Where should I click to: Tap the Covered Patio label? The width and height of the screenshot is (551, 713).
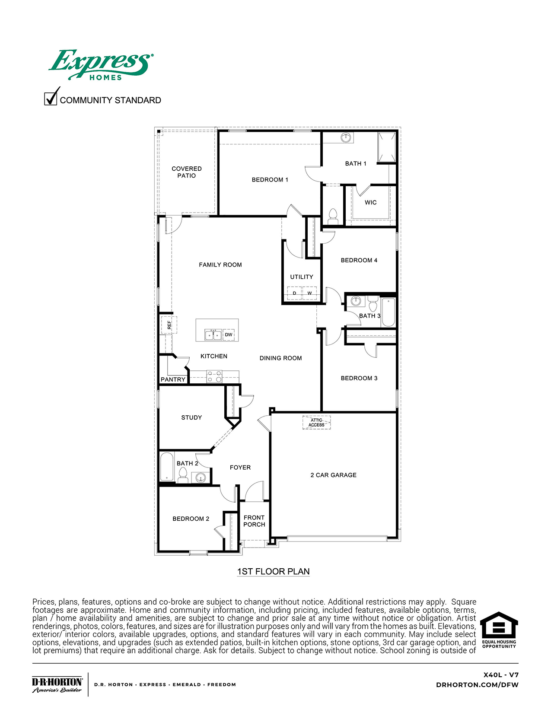coord(187,172)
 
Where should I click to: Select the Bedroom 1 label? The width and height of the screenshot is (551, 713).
coord(270,180)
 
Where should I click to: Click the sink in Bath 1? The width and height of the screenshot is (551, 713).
coord(345,138)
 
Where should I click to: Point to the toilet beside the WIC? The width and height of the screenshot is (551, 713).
coord(333,215)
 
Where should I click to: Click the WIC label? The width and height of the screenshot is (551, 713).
coord(371,202)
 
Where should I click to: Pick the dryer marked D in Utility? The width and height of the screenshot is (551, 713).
coord(295,293)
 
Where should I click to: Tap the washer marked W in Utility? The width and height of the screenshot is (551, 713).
coord(309,293)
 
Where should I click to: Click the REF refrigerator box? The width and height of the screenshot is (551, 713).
coord(169,325)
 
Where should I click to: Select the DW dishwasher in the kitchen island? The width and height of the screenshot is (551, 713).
coord(229,335)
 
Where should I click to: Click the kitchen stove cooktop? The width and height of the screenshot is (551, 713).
coord(214,376)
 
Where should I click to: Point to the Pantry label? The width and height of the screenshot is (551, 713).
coord(173,379)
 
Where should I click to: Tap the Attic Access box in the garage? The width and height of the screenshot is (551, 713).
coord(316,423)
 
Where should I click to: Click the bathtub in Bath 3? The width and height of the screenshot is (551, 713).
coord(388,312)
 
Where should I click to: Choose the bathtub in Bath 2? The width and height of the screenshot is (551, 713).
coord(167,467)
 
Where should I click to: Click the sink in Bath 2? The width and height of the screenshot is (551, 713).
coord(200,477)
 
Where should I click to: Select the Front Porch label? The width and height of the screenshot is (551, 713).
coord(254,521)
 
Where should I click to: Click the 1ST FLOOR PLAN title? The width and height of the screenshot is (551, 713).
coord(273,572)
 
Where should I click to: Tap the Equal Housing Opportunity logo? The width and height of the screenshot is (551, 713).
coord(499,630)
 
